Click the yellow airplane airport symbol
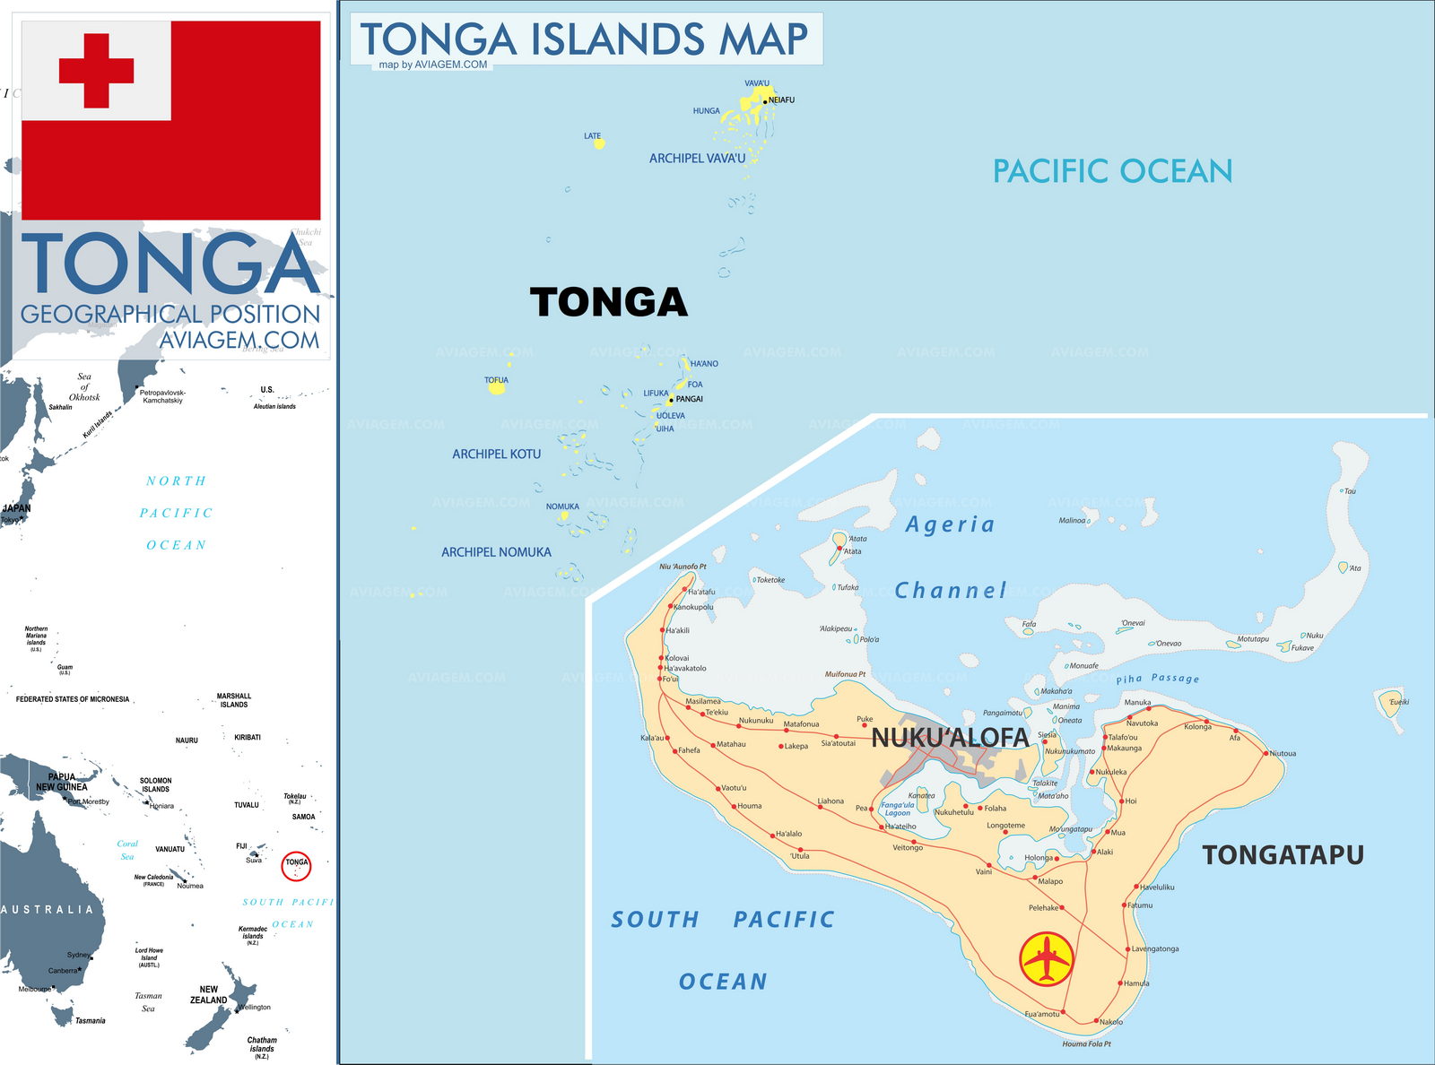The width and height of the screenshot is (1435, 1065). pos(1047,959)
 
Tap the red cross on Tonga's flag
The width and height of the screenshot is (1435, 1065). pos(96,71)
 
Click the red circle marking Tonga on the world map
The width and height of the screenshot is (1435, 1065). pos(296,866)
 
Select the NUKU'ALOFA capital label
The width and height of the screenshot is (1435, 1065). pos(950,738)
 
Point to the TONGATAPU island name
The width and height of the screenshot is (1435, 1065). pos(1283,854)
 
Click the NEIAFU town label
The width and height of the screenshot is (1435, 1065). pos(781,100)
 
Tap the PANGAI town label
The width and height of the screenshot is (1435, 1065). pos(689,399)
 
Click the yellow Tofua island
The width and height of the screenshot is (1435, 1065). pos(496,388)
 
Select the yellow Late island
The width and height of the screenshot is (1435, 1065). pos(599,143)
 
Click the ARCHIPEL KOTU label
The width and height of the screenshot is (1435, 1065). pos(496,455)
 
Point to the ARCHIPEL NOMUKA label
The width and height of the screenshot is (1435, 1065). pos(496,552)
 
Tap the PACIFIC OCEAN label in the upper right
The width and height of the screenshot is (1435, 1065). pos(1112,170)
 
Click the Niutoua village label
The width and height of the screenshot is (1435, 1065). pos(1283,753)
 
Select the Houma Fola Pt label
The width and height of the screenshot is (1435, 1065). pos(1086,1043)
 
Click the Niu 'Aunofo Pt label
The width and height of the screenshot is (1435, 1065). pos(683,567)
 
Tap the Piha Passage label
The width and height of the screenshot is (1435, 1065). pos(1157,679)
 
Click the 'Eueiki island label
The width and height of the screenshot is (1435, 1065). pos(1398,702)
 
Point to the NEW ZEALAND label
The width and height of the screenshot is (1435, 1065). pos(208,994)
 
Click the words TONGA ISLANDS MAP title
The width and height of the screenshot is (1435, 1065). pos(584,39)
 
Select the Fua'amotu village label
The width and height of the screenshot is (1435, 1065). pos(1041,1014)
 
